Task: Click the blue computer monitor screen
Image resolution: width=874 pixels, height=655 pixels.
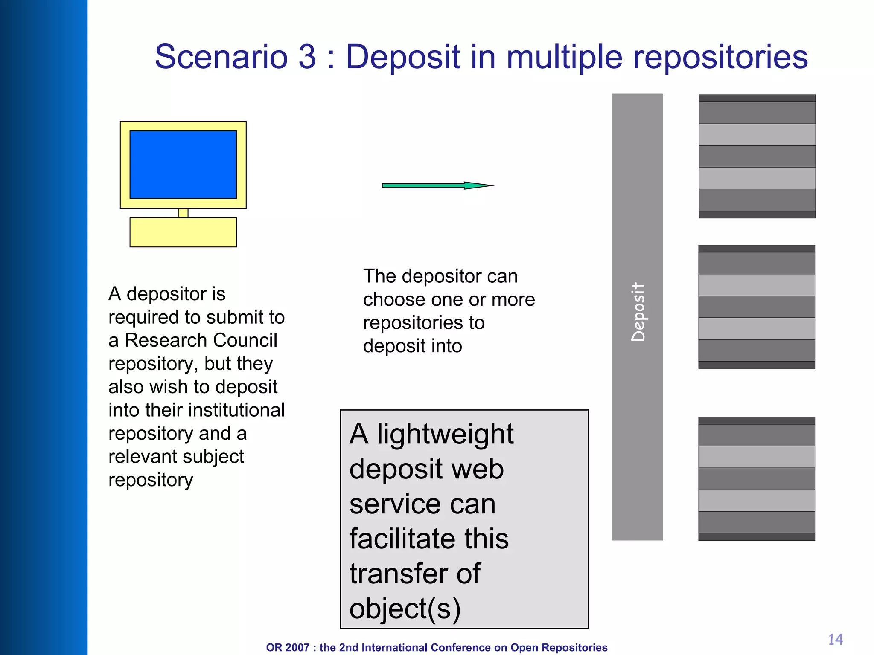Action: [183, 164]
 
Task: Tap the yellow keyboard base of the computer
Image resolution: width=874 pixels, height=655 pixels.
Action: [183, 232]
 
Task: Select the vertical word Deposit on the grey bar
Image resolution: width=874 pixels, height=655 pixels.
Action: [638, 312]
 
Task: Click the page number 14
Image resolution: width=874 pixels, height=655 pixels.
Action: [835, 639]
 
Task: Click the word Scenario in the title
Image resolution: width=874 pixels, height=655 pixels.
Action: [221, 57]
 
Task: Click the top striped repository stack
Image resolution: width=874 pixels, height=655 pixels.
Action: [757, 156]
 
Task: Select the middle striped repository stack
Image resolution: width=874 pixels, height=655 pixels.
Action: [757, 307]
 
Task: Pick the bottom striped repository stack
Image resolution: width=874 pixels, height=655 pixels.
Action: [757, 478]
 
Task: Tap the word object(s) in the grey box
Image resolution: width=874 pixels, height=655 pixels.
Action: [405, 609]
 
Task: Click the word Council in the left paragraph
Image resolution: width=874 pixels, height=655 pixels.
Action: [245, 340]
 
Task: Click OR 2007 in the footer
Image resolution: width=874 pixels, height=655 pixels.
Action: [287, 647]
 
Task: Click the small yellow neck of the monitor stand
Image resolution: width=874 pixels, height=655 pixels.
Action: [183, 213]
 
